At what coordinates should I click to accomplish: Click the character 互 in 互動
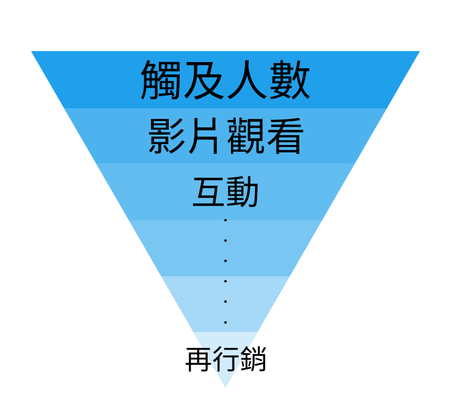tap(209, 193)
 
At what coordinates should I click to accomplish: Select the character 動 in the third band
tap(242, 193)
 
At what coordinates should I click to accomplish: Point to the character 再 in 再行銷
tap(199, 359)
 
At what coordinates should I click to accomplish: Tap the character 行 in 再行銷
tap(226, 359)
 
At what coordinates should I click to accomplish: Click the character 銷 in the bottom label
tap(253, 359)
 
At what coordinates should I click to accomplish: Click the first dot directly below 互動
tap(225, 220)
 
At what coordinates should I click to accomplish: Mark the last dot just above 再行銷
tap(225, 322)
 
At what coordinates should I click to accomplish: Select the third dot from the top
tap(225, 261)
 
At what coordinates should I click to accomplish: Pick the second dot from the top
tap(225, 240)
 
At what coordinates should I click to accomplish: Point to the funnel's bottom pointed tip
tap(225, 387)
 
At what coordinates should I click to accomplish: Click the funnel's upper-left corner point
tap(32, 52)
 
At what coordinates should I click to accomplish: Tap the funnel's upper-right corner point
tap(419, 52)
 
